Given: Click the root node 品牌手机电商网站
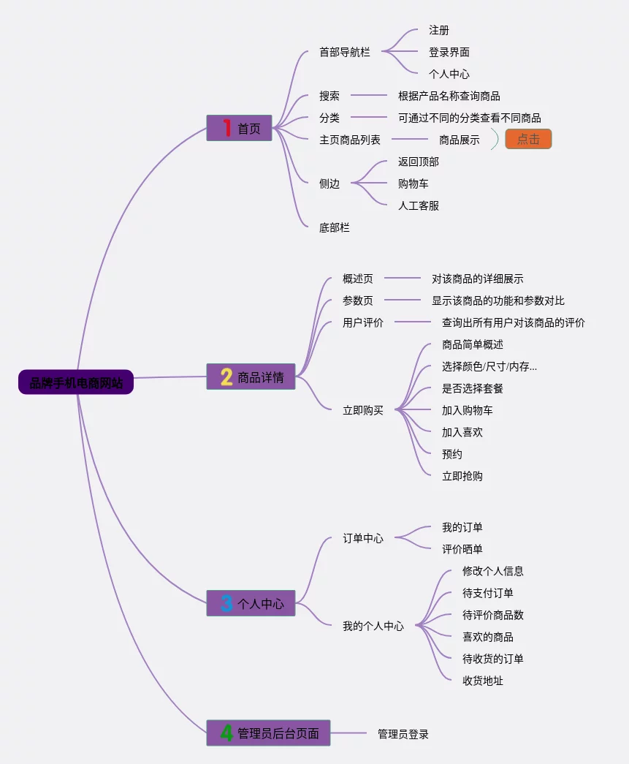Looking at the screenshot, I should pos(76,382).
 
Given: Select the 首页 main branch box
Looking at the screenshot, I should pos(239,128).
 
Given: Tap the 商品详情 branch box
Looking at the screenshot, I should pos(251,377).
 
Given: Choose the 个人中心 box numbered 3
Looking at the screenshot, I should pos(251,604).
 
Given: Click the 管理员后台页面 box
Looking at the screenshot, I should pos(268,733).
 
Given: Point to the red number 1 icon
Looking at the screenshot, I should pos(226,128).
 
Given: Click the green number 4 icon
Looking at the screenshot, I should pos(226,733).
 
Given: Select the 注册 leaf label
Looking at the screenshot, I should pos(439,30).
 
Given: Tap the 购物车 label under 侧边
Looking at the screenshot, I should pos(413,184).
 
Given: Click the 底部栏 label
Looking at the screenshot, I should pos(335,227).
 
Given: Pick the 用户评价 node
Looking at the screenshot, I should pos(363,322).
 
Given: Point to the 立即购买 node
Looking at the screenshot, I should pos(363,410).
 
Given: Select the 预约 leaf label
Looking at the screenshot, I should pos(452,454).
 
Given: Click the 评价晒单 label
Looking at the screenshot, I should pos(462,549).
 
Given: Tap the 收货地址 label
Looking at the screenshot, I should pos(483,681).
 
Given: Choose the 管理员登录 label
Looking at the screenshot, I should pos(403,733).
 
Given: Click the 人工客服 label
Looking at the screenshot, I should pos(419,205).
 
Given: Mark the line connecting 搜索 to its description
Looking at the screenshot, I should pos(369,96).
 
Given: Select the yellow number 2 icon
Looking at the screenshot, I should pos(226,377).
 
